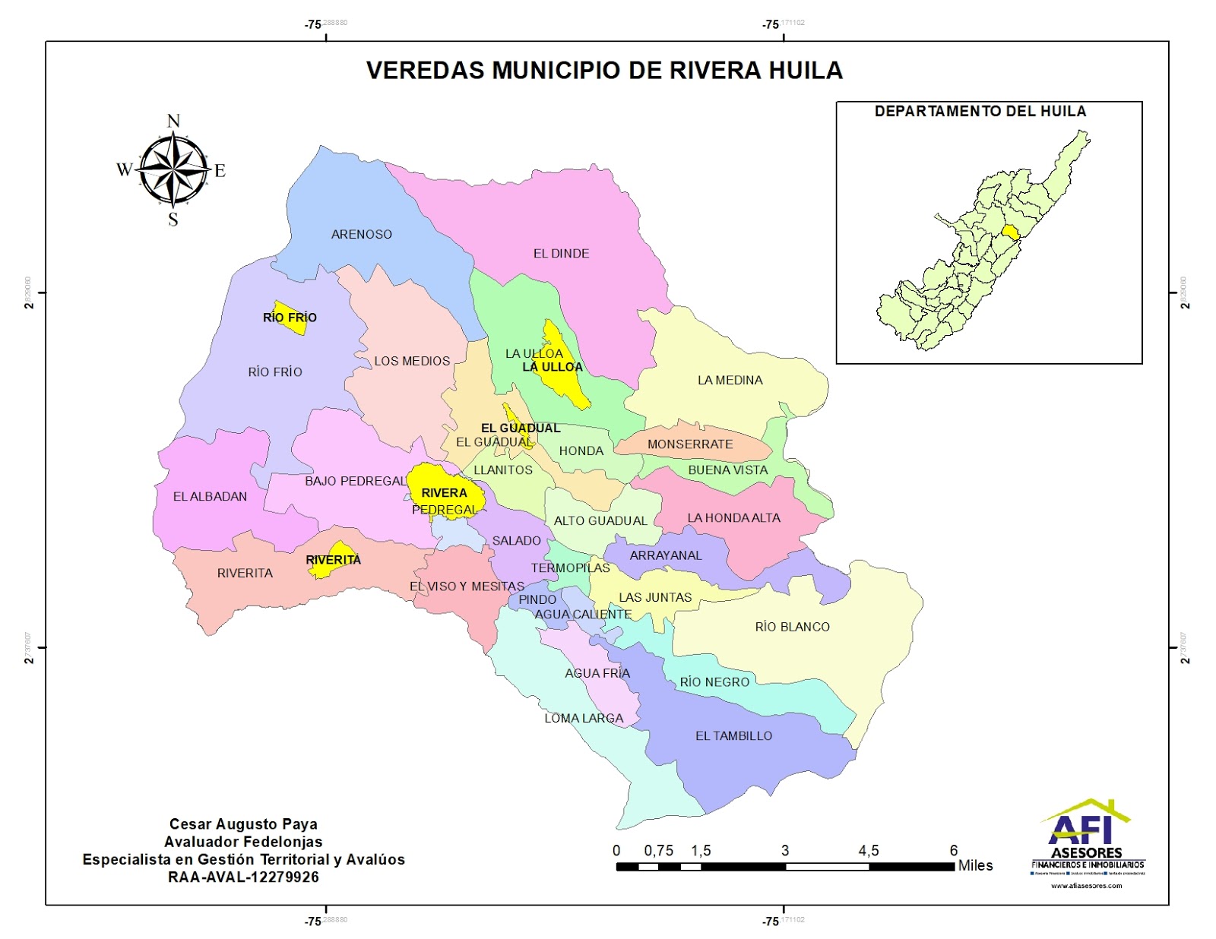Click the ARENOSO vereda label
coord(361,234)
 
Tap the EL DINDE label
coord(561,254)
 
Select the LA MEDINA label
coord(730,380)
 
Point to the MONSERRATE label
coord(690,444)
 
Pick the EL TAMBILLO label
coord(733,735)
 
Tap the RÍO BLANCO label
coord(792,627)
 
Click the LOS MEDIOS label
coord(412,361)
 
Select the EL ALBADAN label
coord(210,497)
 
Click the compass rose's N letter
coord(173,121)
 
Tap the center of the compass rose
coord(173,169)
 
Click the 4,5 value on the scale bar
coord(869,851)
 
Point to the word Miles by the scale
coord(975,865)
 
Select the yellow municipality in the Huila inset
coord(1010,232)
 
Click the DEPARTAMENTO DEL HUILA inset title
coord(980,112)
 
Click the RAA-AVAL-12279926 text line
coord(243,877)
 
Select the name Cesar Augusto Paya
coord(243,824)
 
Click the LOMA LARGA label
coord(584,718)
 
